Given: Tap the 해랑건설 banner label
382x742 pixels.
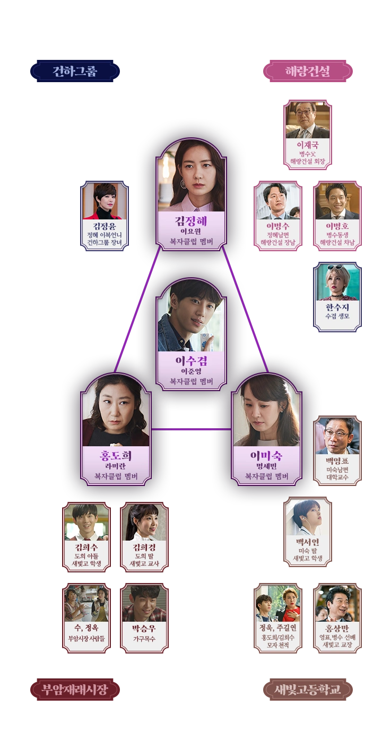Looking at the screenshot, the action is point(308,71).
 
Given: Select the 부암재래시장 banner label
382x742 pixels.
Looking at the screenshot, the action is point(75,690).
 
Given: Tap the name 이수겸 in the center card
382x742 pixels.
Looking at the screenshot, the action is point(191,361).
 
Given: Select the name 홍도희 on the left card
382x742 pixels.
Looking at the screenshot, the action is point(116,455).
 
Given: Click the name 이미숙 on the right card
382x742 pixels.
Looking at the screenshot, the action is point(267,455).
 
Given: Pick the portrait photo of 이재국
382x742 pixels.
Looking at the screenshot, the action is point(308,120).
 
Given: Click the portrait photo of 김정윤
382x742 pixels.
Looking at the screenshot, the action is point(104,201).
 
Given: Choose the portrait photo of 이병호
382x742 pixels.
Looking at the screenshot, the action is point(337,201).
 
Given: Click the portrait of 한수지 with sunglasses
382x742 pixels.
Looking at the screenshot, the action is point(337,282).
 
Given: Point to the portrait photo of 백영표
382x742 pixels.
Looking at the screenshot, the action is point(337,436).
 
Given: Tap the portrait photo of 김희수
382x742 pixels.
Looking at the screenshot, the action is point(86,522).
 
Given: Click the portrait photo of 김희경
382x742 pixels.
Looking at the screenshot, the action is point(144,522).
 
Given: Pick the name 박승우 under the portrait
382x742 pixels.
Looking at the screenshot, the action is point(144,629).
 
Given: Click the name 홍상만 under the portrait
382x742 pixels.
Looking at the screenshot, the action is point(337,629).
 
